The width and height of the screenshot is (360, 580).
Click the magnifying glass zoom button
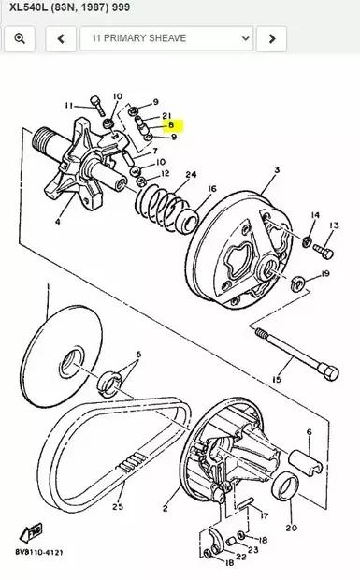pos(19,39)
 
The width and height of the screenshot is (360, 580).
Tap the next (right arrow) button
pos(271,39)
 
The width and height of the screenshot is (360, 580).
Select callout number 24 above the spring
pos(191,175)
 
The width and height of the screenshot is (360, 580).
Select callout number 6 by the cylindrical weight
pos(308,432)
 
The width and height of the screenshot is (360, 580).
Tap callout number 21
pos(166,114)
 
